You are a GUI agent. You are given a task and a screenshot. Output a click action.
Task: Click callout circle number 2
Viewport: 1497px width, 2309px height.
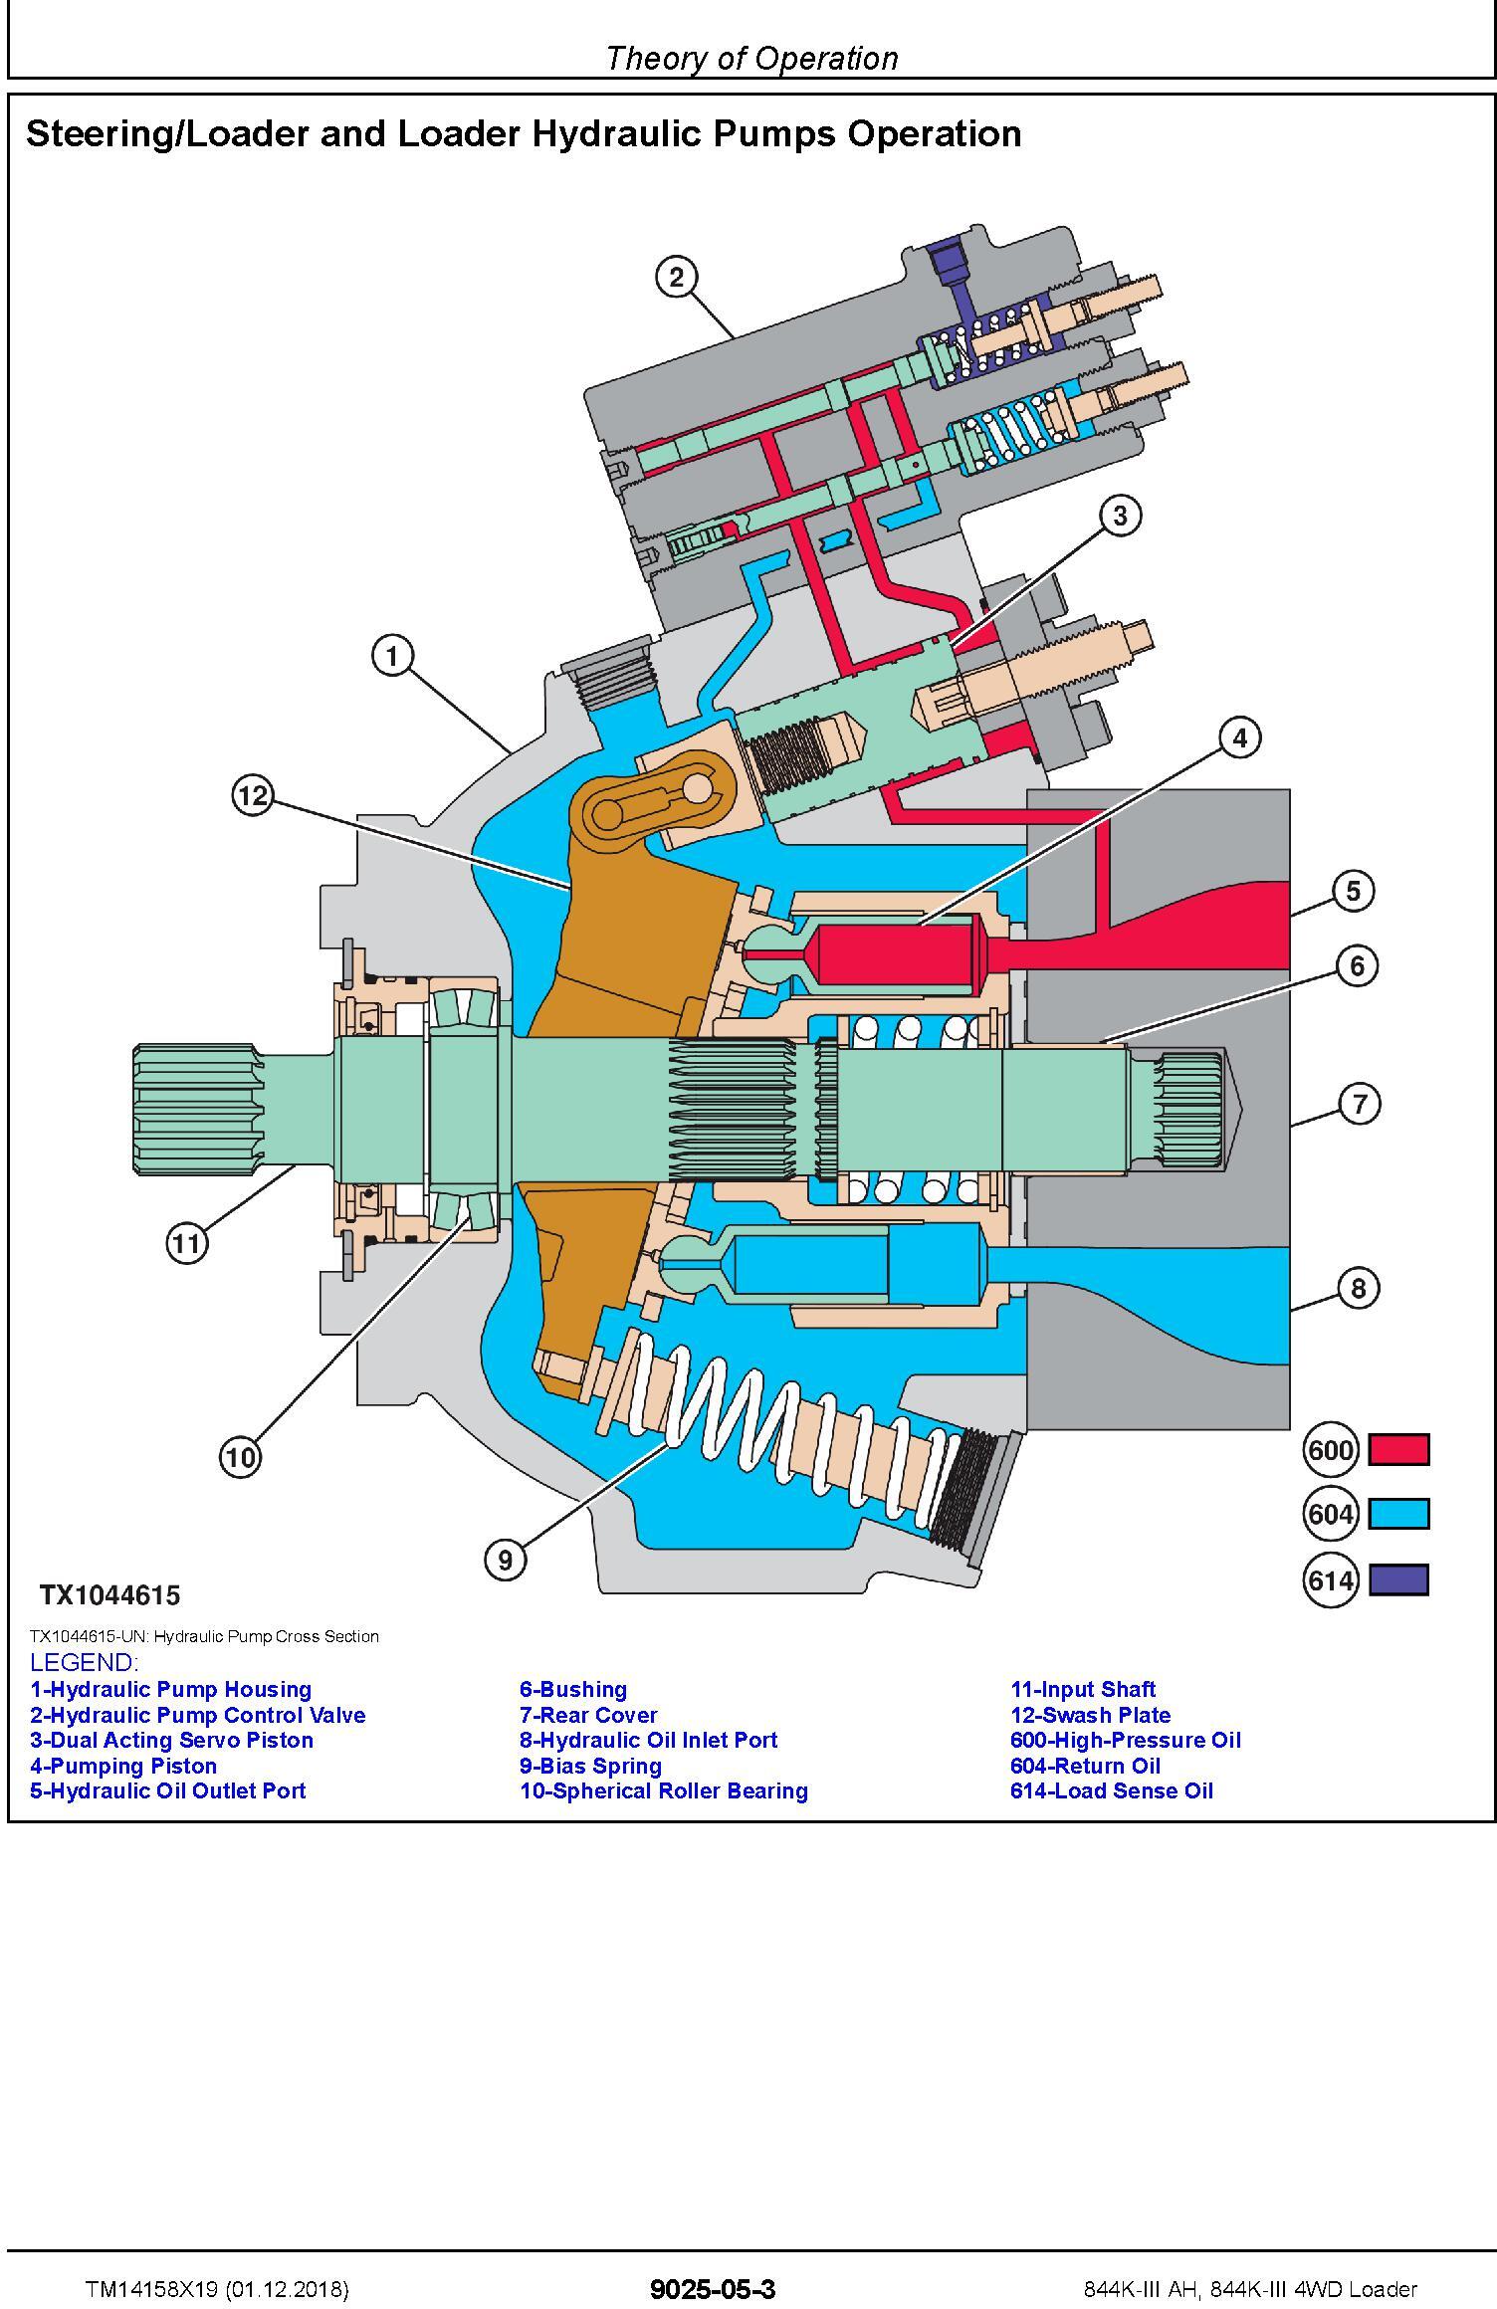[677, 277]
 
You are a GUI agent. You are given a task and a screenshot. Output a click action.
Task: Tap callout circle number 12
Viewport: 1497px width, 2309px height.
[253, 795]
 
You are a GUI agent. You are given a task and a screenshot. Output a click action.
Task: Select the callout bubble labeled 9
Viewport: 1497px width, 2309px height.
[506, 1559]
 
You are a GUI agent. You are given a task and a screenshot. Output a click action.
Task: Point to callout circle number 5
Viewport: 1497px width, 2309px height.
[1353, 891]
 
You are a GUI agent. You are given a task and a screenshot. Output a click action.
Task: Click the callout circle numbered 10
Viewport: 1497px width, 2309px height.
[240, 1457]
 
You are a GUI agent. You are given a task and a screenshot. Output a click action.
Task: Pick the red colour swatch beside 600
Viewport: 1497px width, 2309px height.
[1398, 1449]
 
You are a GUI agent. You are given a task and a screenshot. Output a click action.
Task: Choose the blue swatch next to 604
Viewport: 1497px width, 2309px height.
[1398, 1514]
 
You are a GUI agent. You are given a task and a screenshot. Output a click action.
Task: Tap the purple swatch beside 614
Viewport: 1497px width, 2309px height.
[1398, 1579]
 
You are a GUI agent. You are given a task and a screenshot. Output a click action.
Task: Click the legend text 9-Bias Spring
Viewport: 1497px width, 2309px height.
[590, 1766]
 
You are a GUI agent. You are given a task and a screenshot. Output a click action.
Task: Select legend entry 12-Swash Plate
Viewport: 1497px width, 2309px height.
[1090, 1715]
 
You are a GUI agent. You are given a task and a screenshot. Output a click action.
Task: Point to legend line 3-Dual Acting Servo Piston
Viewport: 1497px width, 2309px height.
[171, 1740]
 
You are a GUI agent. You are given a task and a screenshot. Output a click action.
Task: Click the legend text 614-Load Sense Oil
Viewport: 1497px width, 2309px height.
[1111, 1790]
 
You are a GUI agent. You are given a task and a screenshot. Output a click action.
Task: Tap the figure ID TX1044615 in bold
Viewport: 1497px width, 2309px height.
[109, 1595]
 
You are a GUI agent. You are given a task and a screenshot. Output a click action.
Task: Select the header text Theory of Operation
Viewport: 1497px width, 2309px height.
[751, 59]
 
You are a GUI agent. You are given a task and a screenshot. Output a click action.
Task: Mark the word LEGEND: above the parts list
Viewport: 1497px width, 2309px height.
[84, 1662]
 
